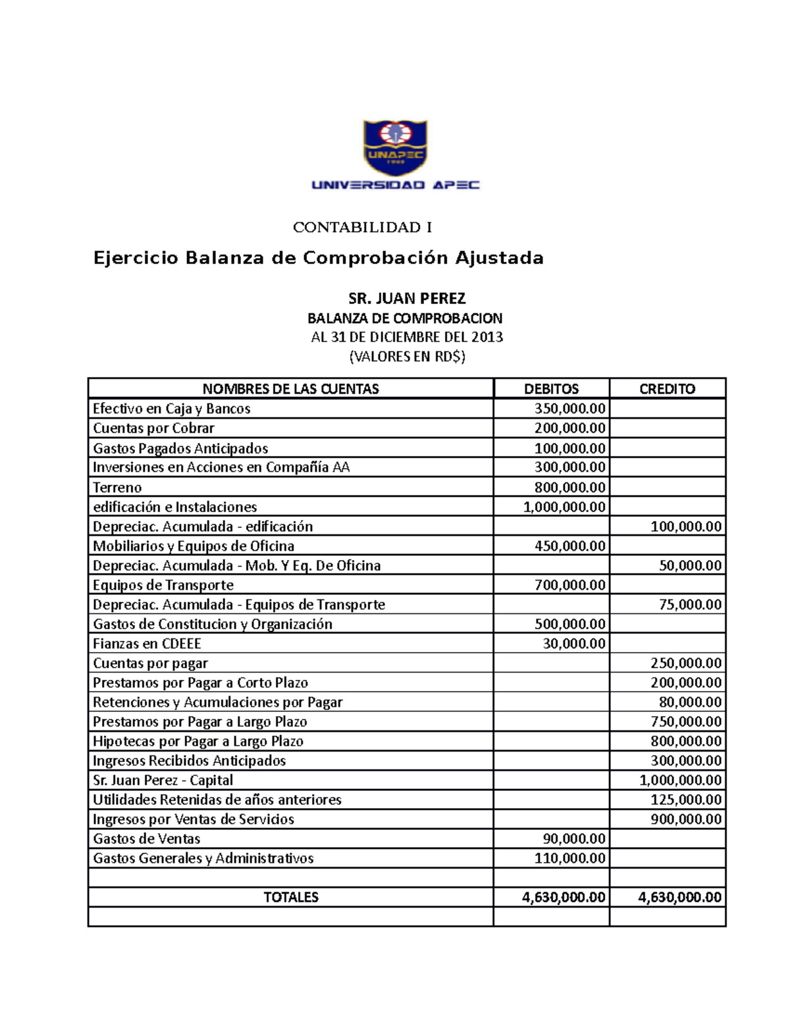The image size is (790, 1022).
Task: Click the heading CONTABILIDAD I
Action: (362, 228)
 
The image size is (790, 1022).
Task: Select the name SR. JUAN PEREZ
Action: (406, 299)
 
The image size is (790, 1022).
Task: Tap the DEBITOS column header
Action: (551, 389)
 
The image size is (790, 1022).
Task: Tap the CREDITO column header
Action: (667, 389)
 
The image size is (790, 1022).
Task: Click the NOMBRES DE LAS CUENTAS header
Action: (290, 389)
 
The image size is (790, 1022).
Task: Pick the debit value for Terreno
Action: (569, 488)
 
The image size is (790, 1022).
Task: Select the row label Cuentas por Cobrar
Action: (153, 428)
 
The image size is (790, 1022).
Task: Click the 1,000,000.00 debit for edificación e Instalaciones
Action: (564, 507)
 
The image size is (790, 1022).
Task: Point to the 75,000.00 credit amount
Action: (691, 605)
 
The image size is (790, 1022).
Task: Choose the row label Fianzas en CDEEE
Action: (147, 644)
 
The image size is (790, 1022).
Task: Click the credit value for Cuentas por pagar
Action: (686, 663)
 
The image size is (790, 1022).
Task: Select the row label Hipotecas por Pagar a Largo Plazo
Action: (197, 742)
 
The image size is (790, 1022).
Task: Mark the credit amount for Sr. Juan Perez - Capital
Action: (681, 780)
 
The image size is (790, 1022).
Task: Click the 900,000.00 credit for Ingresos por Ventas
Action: (686, 819)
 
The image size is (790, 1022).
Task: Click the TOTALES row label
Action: (290, 898)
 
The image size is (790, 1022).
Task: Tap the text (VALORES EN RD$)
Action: (406, 357)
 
